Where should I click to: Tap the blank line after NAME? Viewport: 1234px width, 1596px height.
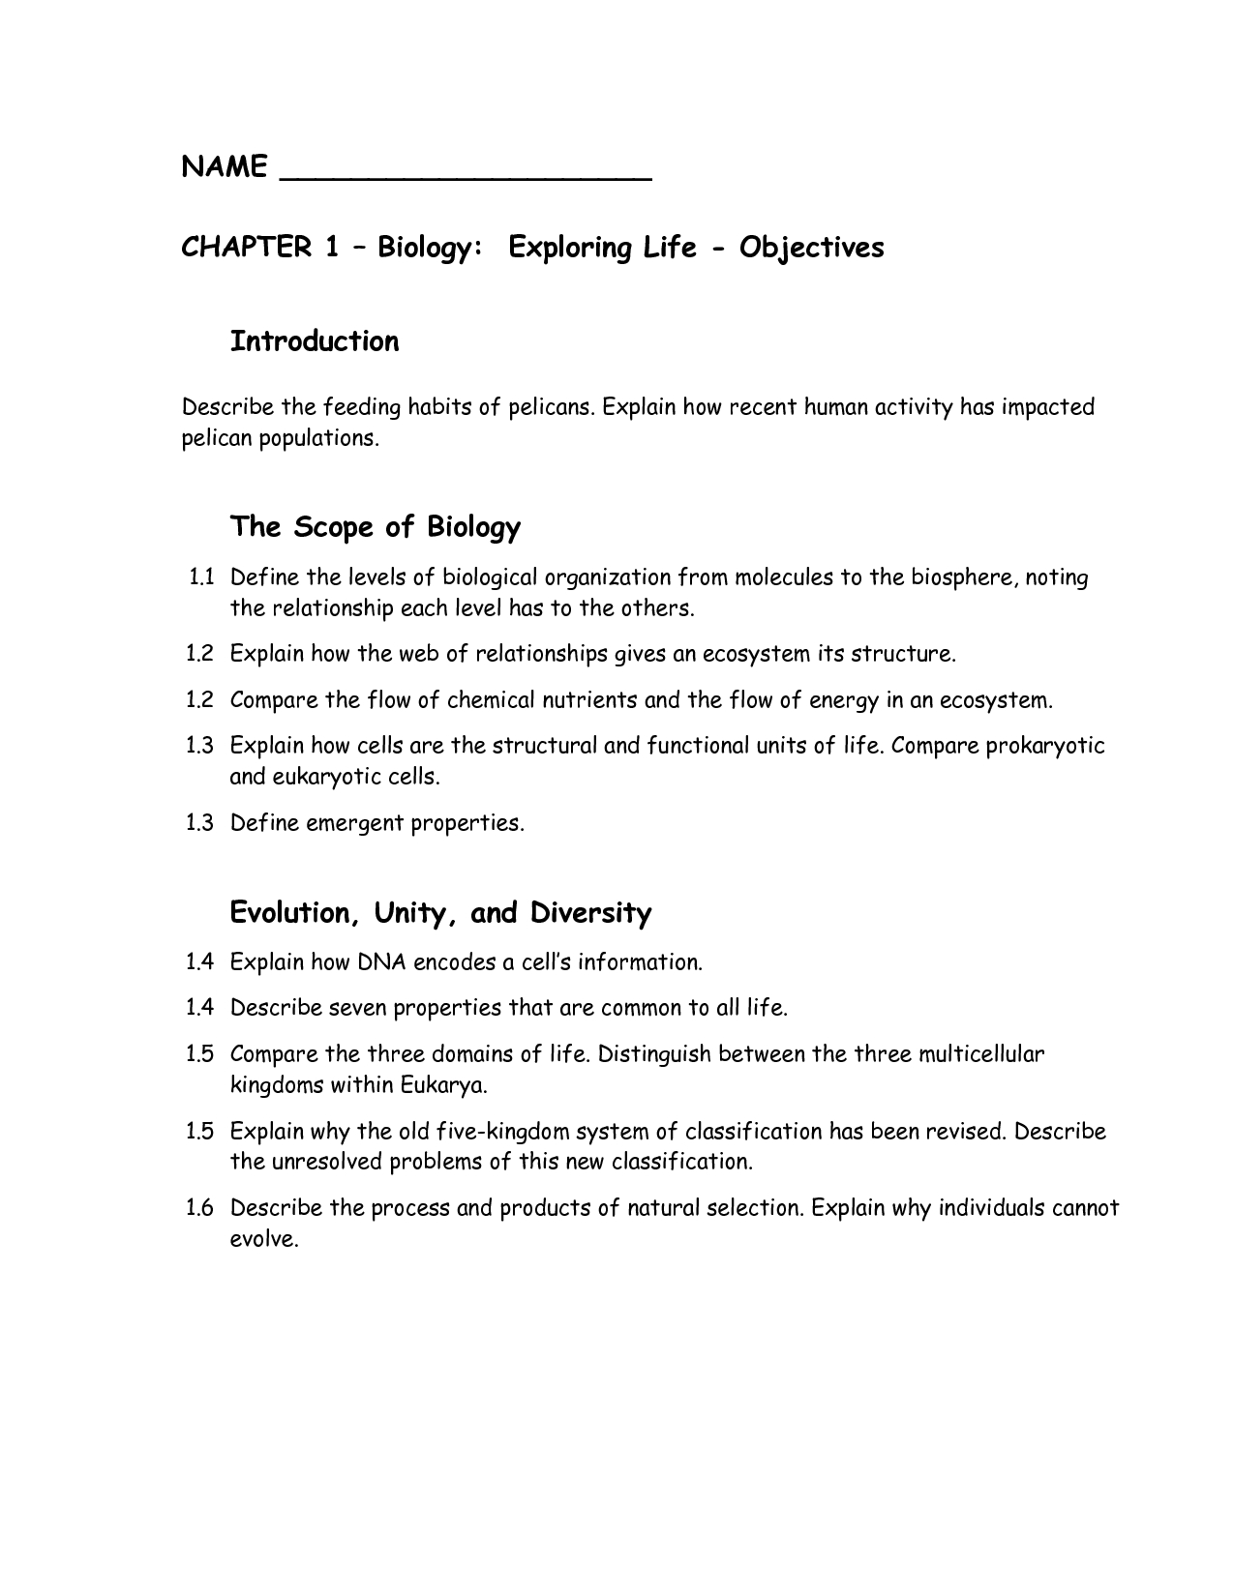pyautogui.click(x=466, y=174)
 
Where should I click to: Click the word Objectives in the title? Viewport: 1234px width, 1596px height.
pyautogui.click(x=812, y=249)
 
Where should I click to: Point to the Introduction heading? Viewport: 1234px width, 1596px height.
pyautogui.click(x=315, y=341)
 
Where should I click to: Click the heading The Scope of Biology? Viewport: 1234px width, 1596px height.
pyautogui.click(x=375, y=527)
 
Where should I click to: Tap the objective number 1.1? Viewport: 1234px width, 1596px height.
pyautogui.click(x=200, y=578)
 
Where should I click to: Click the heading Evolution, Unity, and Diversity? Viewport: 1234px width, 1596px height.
pyautogui.click(x=440, y=913)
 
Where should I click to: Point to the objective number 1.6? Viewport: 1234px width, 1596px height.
pyautogui.click(x=200, y=1208)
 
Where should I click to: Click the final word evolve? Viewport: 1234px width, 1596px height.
pyautogui.click(x=264, y=1239)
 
